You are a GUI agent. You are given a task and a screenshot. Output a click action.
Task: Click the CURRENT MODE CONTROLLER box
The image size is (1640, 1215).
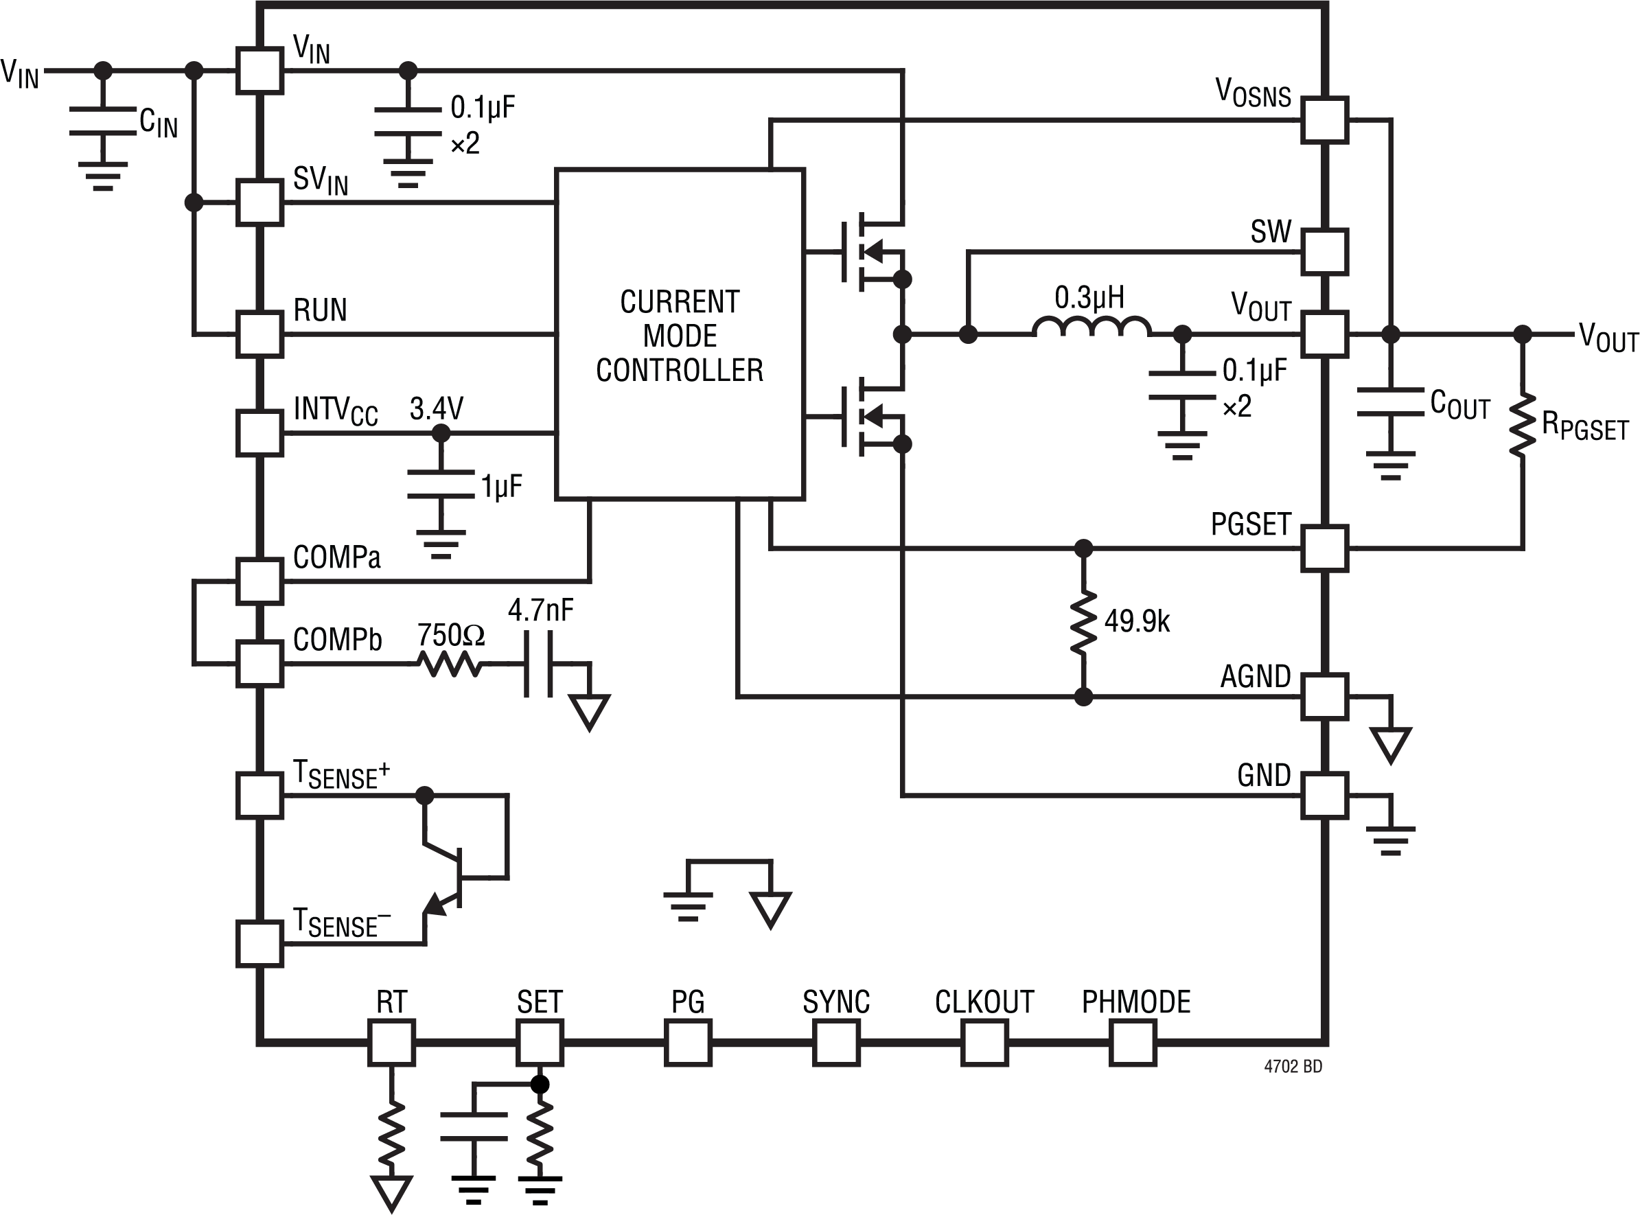tap(680, 335)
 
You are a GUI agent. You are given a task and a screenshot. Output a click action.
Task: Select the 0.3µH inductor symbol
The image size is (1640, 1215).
tap(1092, 328)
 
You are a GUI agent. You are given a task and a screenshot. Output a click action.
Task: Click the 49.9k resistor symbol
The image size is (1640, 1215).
tap(1083, 622)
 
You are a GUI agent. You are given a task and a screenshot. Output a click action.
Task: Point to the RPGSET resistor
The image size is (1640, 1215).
tap(1523, 425)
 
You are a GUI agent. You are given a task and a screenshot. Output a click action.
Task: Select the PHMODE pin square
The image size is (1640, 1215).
tap(1133, 1042)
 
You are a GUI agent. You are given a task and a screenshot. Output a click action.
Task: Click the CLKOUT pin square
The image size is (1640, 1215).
tap(984, 1042)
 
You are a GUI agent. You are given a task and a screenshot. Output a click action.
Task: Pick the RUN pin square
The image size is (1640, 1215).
tap(259, 335)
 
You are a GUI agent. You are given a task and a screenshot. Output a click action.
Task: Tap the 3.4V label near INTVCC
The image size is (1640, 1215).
tap(436, 409)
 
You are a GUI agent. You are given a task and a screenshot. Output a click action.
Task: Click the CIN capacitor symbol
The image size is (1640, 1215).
tap(103, 122)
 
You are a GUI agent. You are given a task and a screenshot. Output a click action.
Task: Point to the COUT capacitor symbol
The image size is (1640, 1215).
tap(1390, 402)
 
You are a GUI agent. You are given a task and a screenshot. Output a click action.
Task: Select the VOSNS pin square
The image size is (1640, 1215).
tap(1324, 119)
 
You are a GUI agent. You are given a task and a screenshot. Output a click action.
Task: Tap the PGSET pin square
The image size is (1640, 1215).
tap(1324, 548)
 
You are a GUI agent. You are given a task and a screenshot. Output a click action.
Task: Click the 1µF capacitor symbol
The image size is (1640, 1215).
tap(441, 485)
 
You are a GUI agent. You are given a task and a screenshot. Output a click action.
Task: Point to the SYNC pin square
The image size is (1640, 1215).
tap(836, 1042)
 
